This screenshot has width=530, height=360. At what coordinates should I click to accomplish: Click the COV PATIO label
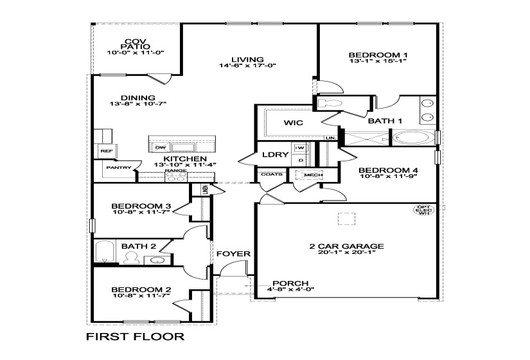[137, 44]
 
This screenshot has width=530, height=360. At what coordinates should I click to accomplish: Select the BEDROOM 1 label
[378, 55]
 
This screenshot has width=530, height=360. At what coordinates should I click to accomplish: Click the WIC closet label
[294, 122]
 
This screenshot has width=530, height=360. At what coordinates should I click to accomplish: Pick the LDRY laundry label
[274, 154]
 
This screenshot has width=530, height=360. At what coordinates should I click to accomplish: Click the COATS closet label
[270, 174]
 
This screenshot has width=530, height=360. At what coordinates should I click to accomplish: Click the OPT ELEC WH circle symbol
[423, 210]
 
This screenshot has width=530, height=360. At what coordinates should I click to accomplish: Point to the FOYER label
[233, 254]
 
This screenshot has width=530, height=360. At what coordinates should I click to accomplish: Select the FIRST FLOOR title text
[136, 336]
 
